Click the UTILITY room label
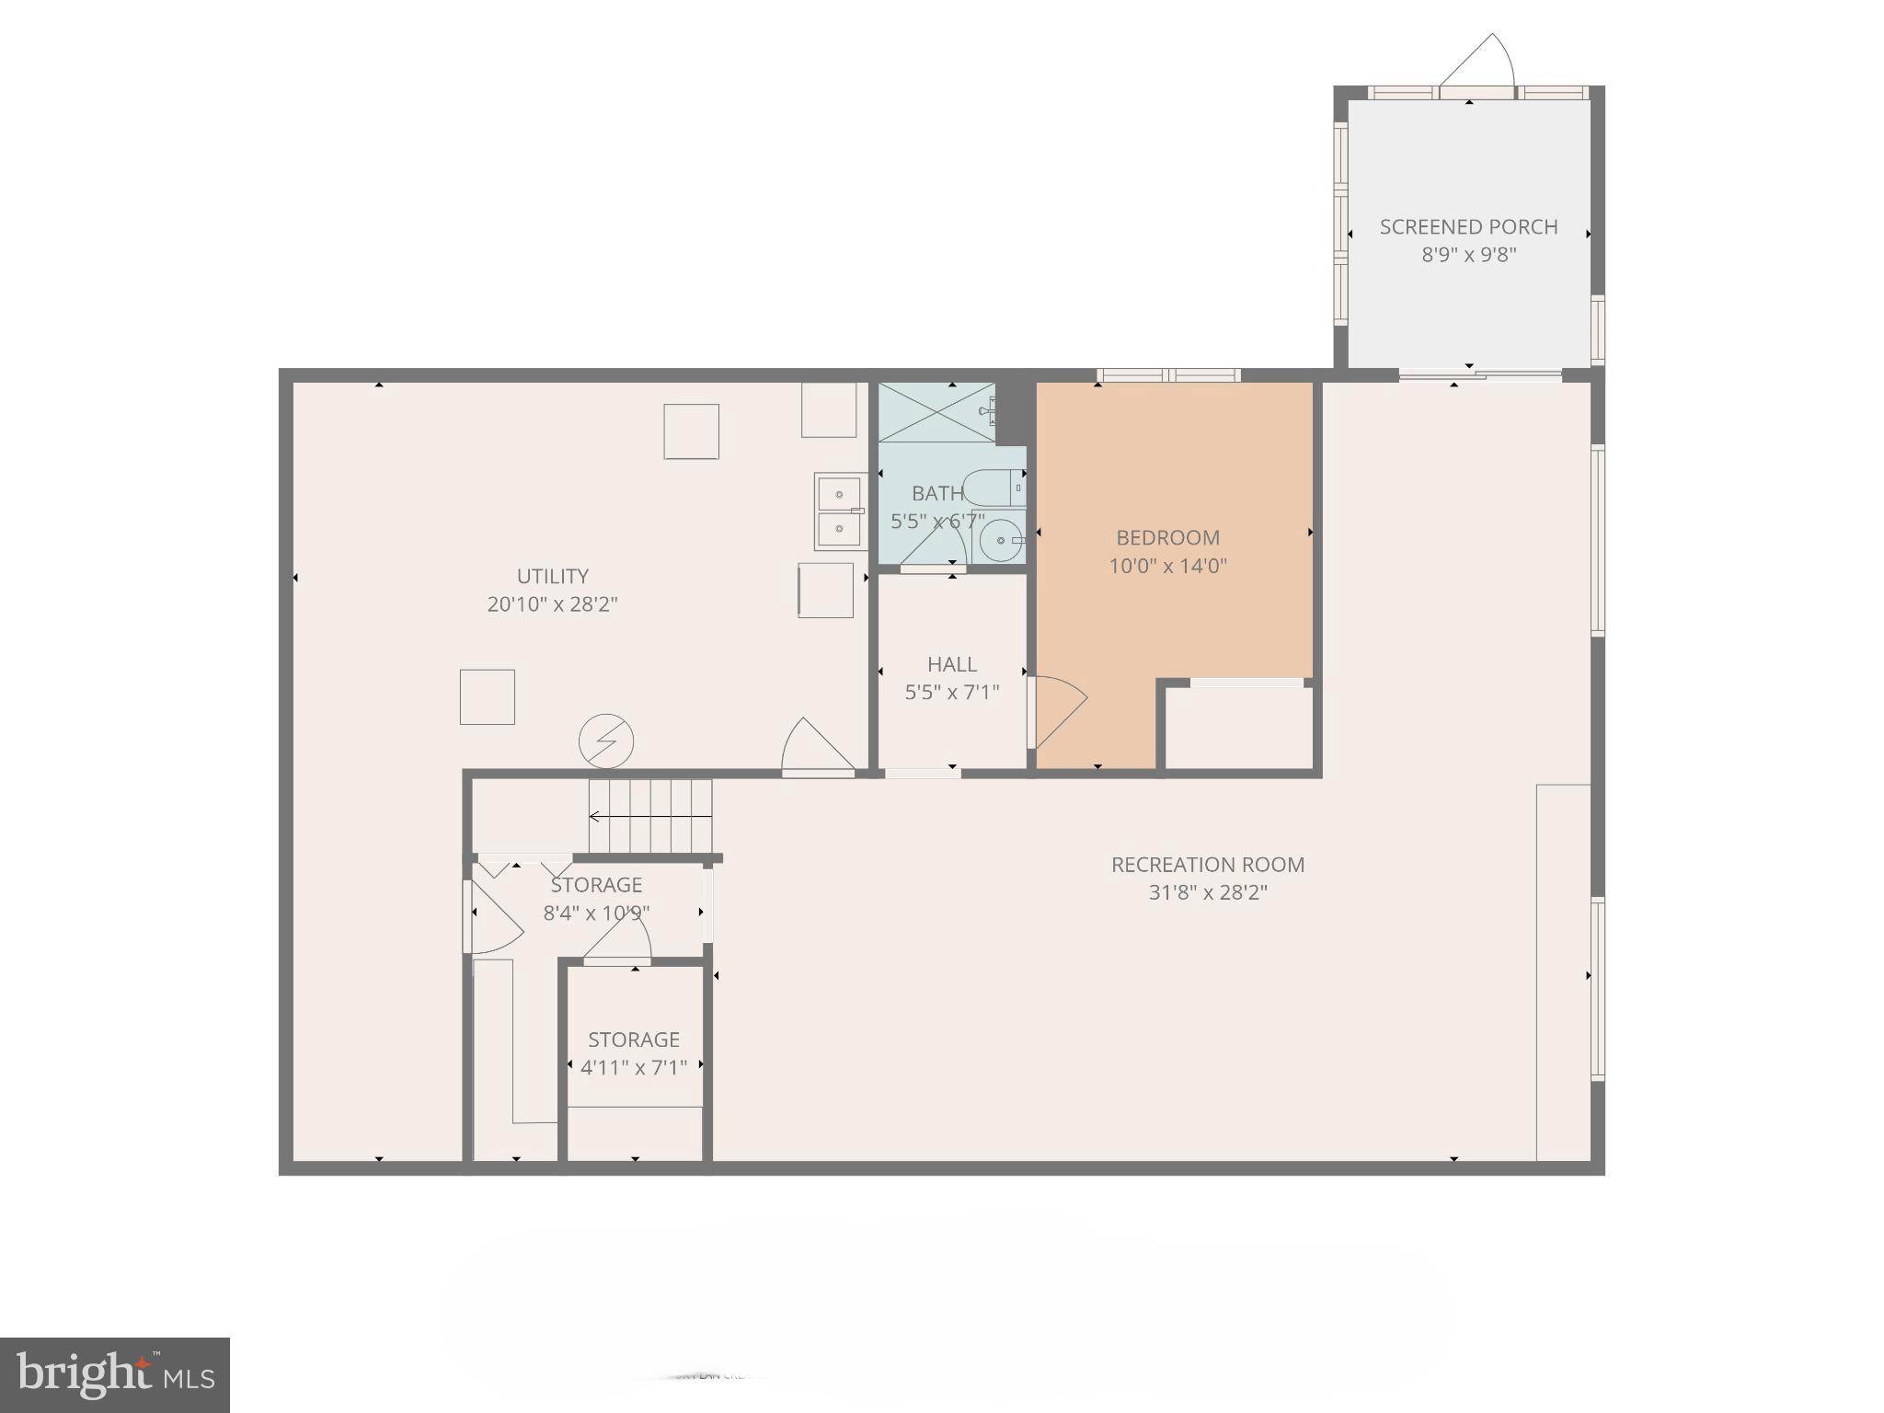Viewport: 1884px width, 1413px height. pos(552,576)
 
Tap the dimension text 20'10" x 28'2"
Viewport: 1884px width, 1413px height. pos(552,604)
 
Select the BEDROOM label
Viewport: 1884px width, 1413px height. pos(1167,537)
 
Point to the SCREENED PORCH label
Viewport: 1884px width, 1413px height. pos(1468,226)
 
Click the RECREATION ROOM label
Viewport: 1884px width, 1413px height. pos(1207,865)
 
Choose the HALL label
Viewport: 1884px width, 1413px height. pos(951,664)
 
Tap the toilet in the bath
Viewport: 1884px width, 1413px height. pos(994,488)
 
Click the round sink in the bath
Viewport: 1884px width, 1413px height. pos(999,541)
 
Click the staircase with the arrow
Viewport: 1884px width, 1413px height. pos(650,816)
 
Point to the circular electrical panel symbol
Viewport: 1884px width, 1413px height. pos(606,741)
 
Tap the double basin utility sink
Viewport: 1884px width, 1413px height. pos(840,511)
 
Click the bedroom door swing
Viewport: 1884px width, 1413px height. pos(1058,710)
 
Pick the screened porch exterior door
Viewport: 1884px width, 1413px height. pos(1477,64)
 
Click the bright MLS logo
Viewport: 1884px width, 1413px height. pos(115,1374)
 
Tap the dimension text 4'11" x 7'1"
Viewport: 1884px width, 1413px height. pos(634,1068)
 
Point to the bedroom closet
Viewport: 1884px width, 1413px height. pos(1238,727)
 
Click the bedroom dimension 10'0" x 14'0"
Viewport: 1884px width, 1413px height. pos(1167,566)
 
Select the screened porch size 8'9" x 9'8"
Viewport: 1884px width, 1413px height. pos(1468,255)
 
